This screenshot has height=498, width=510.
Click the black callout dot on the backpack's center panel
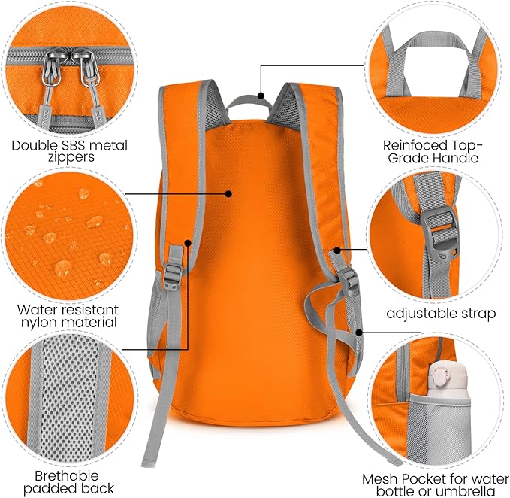click(x=228, y=193)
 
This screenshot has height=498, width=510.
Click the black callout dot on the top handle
click(x=261, y=96)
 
